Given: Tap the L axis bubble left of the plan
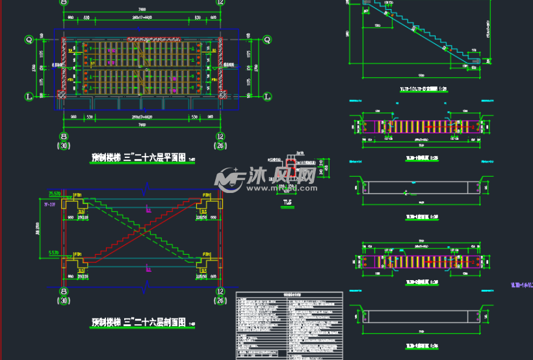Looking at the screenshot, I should point(29,96).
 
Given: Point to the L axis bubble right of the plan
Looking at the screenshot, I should point(266,96).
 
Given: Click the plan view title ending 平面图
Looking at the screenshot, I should point(139,157).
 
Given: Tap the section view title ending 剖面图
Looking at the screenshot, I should point(139,322).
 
